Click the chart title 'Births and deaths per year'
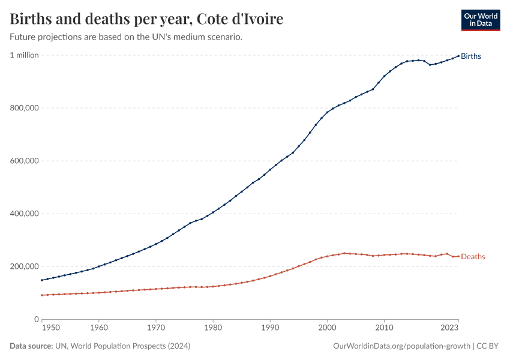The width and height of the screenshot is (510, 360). tap(147, 19)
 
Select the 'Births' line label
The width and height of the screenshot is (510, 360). tap(471, 56)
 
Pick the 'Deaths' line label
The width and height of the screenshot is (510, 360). tap(473, 257)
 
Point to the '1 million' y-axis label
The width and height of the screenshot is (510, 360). tap(24, 55)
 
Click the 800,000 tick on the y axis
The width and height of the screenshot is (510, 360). tap(25, 108)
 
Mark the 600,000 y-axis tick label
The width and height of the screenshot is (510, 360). tap(25, 161)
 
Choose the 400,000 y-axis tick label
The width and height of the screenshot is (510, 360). tap(25, 214)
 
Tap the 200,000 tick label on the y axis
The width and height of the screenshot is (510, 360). tap(25, 266)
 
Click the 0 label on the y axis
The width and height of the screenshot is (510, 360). tap(36, 319)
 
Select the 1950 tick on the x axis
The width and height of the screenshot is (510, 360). tap(50, 328)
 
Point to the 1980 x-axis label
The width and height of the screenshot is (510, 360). tap(213, 328)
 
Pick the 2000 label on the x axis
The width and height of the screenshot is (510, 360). tap(327, 328)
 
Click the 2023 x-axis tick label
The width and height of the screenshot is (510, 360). tap(449, 328)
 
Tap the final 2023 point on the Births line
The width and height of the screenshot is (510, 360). tap(458, 56)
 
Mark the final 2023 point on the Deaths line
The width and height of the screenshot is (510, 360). tap(458, 256)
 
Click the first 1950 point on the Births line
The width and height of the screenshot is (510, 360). tap(41, 280)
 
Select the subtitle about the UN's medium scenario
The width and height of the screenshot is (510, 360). tap(126, 37)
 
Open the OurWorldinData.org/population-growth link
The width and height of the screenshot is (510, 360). tap(401, 346)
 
